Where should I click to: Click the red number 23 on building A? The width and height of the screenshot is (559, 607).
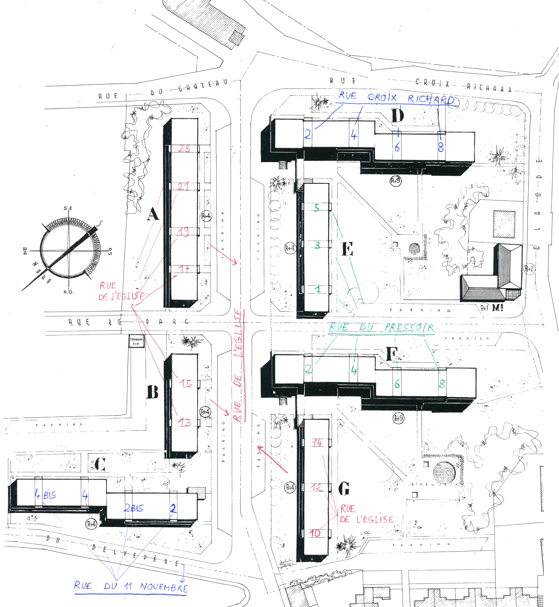(184, 148)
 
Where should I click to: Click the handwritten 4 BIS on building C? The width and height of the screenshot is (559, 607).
(45, 495)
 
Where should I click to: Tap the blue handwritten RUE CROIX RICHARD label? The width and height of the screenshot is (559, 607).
(396, 98)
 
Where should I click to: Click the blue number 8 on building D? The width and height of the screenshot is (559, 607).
(441, 147)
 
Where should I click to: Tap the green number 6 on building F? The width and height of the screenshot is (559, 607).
(397, 384)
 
